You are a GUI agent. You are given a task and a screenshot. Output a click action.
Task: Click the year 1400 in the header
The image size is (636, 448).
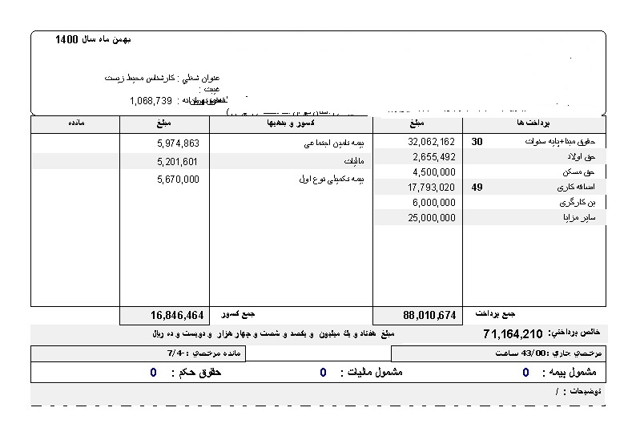pos(67,39)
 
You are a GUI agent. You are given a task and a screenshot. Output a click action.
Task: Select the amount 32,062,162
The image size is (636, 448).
pos(432,143)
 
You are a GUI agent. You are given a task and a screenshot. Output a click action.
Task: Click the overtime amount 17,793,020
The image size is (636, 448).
pos(432,187)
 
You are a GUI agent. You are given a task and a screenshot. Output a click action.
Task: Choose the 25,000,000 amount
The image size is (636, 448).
pos(432,216)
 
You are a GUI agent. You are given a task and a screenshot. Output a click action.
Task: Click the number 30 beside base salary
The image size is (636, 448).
pos(477,142)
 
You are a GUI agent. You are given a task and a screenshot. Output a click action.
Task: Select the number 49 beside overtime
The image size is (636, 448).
pos(477,187)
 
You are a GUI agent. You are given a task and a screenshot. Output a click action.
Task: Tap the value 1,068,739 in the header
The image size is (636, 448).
pos(151,101)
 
